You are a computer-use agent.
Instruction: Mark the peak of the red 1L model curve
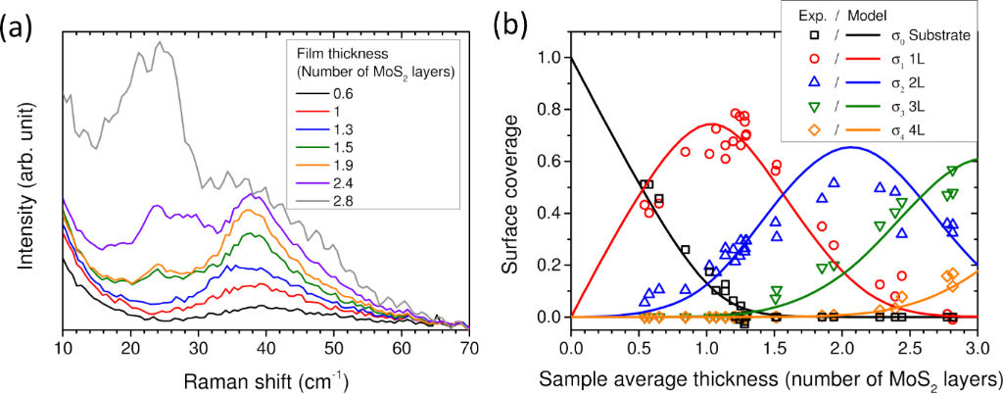click(x=709, y=124)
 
